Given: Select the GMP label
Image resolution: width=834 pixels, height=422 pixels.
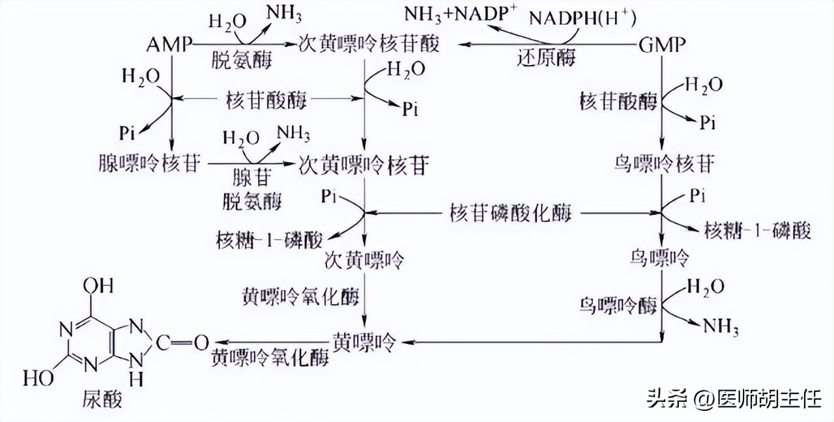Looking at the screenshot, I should [x=662, y=46].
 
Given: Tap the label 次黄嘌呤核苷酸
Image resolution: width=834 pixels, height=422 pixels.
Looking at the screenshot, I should [x=369, y=44].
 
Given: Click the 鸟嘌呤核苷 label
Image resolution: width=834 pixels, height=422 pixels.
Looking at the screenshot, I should [x=664, y=163].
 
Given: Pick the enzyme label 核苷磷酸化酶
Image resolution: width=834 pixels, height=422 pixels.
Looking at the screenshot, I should [x=511, y=214].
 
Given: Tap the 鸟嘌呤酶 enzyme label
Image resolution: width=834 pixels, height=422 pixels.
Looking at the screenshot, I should [x=618, y=307].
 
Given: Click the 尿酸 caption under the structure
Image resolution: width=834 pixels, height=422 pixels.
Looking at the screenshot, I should [x=103, y=399].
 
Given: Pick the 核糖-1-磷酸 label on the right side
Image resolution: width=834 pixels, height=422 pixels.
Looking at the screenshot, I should [x=756, y=231].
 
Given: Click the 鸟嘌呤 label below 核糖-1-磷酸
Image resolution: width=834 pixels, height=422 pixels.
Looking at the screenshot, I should [x=663, y=259].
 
